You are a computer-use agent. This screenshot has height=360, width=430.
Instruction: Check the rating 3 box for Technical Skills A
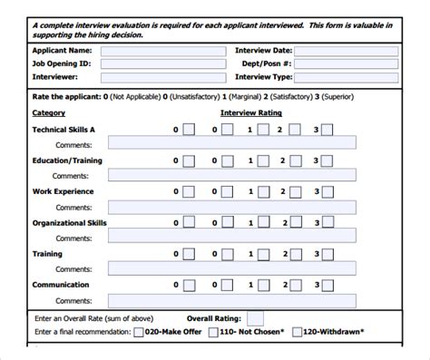click(326, 131)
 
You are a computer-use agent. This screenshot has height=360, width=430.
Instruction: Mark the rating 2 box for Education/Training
click(296, 161)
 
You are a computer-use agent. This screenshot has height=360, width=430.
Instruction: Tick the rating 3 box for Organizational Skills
click(326, 223)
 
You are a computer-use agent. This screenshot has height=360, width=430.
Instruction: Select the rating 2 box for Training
click(296, 254)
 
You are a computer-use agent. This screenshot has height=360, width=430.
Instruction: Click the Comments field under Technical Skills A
click(231, 144)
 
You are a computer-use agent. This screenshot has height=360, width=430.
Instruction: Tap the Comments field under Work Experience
click(231, 206)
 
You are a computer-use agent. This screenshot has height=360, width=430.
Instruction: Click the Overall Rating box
click(256, 318)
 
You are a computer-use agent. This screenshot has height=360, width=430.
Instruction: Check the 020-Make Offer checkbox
click(139, 333)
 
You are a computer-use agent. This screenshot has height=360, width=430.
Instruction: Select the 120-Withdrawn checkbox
click(298, 333)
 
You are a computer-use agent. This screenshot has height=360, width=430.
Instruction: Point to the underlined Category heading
click(48, 113)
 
